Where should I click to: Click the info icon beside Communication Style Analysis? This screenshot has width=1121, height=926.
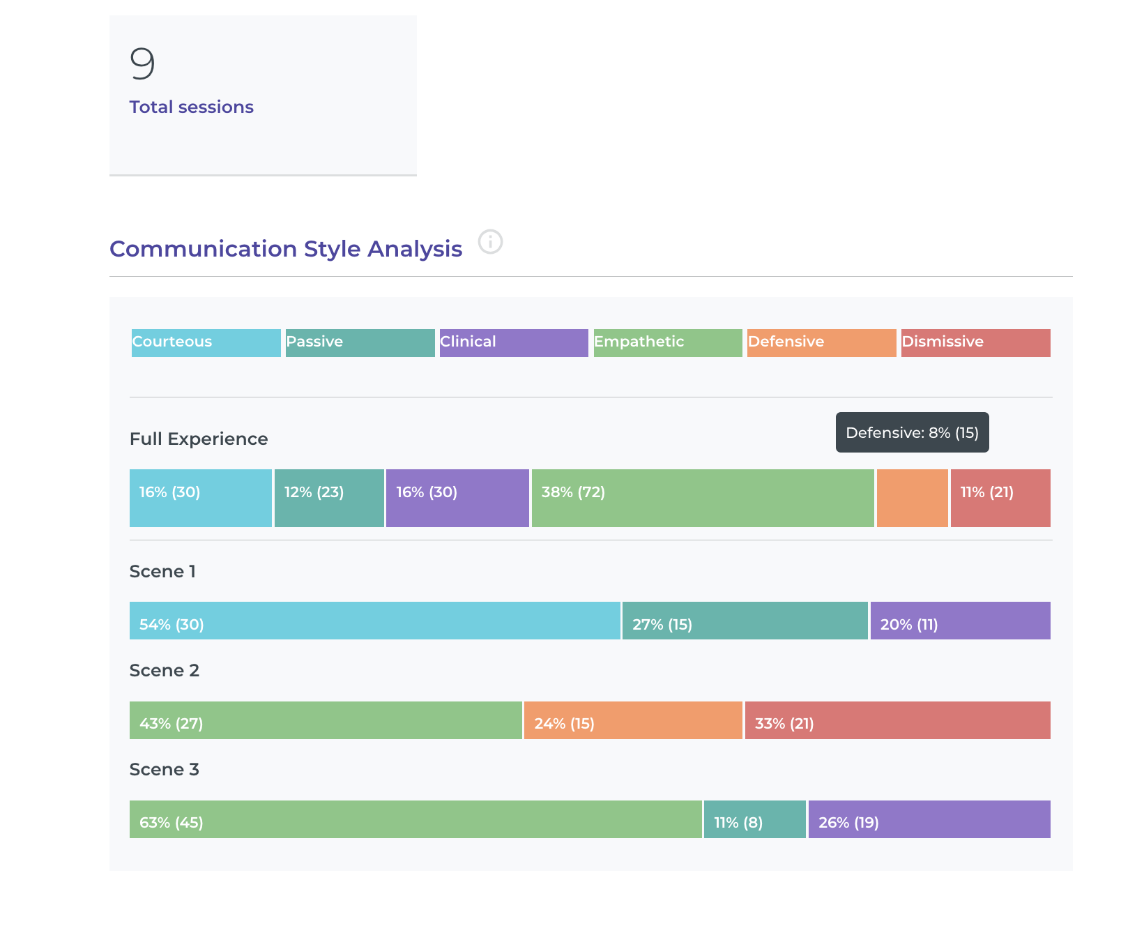490,242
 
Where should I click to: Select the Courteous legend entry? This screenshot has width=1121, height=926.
206,342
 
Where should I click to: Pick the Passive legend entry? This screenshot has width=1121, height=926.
360,342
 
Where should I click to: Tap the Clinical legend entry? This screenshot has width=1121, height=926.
514,342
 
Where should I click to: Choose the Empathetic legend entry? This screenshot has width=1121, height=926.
668,342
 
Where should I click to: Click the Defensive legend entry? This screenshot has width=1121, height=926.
821,342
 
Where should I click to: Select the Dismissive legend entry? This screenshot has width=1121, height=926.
975,342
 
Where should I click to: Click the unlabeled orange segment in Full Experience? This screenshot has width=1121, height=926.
912,498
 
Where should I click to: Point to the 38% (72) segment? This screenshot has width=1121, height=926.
702,498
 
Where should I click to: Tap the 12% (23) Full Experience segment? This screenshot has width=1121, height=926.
329,498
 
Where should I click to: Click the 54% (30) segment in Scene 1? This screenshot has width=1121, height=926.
374,621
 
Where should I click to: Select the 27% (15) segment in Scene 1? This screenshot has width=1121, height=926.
745,621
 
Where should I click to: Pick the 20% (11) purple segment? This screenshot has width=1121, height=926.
960,621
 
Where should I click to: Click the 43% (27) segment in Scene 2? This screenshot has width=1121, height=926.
326,720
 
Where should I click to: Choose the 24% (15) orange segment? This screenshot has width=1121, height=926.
633,720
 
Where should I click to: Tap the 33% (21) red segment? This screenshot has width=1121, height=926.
897,720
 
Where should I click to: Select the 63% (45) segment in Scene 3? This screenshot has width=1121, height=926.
415,819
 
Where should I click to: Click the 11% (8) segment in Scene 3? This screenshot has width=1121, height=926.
754,819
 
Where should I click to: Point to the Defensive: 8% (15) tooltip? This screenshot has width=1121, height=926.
912,432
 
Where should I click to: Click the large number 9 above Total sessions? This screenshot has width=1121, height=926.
142,63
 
